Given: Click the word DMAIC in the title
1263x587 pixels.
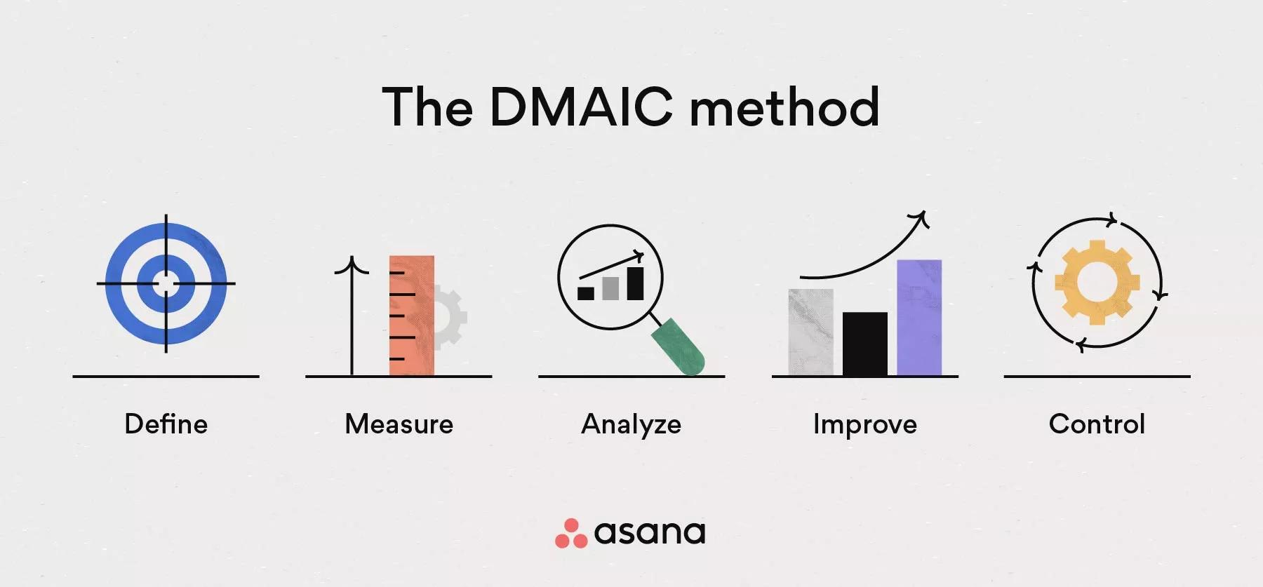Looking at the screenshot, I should pos(580,107).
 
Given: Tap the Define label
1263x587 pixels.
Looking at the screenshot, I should pos(166,424).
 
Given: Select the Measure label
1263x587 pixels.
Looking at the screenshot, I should pos(399,424).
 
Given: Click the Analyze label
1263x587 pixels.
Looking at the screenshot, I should pos(631,424).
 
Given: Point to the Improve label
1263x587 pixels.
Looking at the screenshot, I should pos(864,424).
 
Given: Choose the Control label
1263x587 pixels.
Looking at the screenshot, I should pos(1097,424).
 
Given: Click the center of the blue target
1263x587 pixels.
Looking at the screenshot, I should pos(166,283).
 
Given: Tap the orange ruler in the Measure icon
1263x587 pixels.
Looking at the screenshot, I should pos(412,316).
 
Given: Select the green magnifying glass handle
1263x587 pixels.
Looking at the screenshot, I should pos(679,346).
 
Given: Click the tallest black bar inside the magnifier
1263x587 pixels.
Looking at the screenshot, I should pos(635,283).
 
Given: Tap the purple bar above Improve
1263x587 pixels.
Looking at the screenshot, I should pos(919,318).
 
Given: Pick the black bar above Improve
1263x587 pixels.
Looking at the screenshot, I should pos(864,344).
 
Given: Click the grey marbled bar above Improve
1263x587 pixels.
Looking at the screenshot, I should pos(810,332).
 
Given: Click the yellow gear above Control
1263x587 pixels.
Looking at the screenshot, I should pos(1097,283).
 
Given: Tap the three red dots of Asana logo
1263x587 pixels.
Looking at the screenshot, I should pos(570,534).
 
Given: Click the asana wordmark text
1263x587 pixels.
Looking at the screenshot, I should pos(650,533).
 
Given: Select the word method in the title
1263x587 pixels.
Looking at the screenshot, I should pos(784,107).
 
